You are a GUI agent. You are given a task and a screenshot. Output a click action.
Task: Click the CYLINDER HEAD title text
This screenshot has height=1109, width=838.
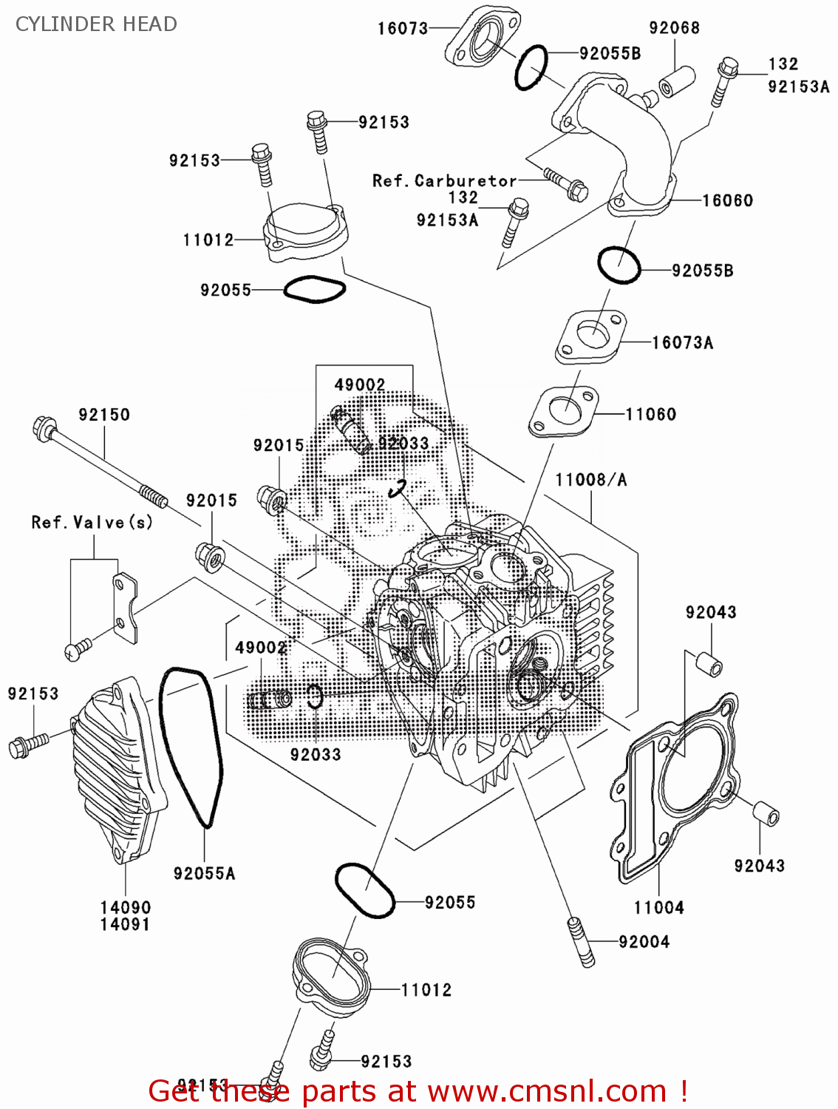[x=96, y=24]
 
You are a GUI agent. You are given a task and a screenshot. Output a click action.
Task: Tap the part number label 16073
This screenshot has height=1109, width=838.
[x=403, y=29]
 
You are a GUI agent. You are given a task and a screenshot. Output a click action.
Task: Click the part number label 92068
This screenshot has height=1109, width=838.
[x=674, y=28]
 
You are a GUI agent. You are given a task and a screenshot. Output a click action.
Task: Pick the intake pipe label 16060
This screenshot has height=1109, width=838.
[x=727, y=200]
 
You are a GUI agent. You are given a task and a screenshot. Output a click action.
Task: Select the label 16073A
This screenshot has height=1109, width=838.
[x=682, y=342]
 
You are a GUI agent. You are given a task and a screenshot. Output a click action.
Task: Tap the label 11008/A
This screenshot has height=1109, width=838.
[x=590, y=480]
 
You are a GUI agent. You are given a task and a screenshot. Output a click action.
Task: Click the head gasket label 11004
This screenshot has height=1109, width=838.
[x=658, y=907]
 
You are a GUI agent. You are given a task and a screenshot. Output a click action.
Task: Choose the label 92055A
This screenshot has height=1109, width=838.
[x=204, y=873]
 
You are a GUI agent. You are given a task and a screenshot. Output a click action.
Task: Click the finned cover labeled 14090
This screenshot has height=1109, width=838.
[x=118, y=769]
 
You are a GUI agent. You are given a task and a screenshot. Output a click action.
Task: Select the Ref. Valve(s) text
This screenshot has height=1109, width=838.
[x=92, y=523]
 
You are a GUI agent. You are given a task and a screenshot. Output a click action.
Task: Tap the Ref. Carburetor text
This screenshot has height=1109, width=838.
[x=444, y=180]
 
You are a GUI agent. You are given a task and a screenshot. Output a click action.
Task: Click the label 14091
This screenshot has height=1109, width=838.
[x=125, y=924]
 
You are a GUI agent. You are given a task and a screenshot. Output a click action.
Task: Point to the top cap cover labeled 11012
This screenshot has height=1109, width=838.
[x=303, y=233]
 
